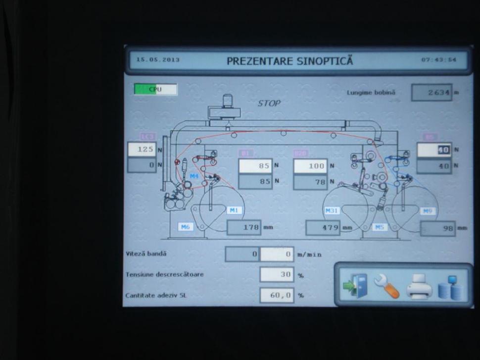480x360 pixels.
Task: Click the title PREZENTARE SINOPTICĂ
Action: click(290, 61)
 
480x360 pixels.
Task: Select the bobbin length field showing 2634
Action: click(432, 93)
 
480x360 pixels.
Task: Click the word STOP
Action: click(269, 103)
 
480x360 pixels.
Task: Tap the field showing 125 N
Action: click(142, 149)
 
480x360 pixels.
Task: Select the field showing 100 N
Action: click(310, 166)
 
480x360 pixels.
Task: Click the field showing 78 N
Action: click(310, 182)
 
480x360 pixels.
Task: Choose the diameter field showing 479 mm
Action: click(323, 228)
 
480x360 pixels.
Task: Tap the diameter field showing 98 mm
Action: click(438, 228)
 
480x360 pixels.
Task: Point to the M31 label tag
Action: click(332, 211)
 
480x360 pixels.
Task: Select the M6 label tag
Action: click(185, 227)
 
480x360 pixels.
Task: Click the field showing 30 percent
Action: click(277, 274)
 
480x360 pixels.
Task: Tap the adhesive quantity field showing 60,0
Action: click(277, 296)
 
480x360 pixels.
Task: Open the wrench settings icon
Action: click(386, 287)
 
